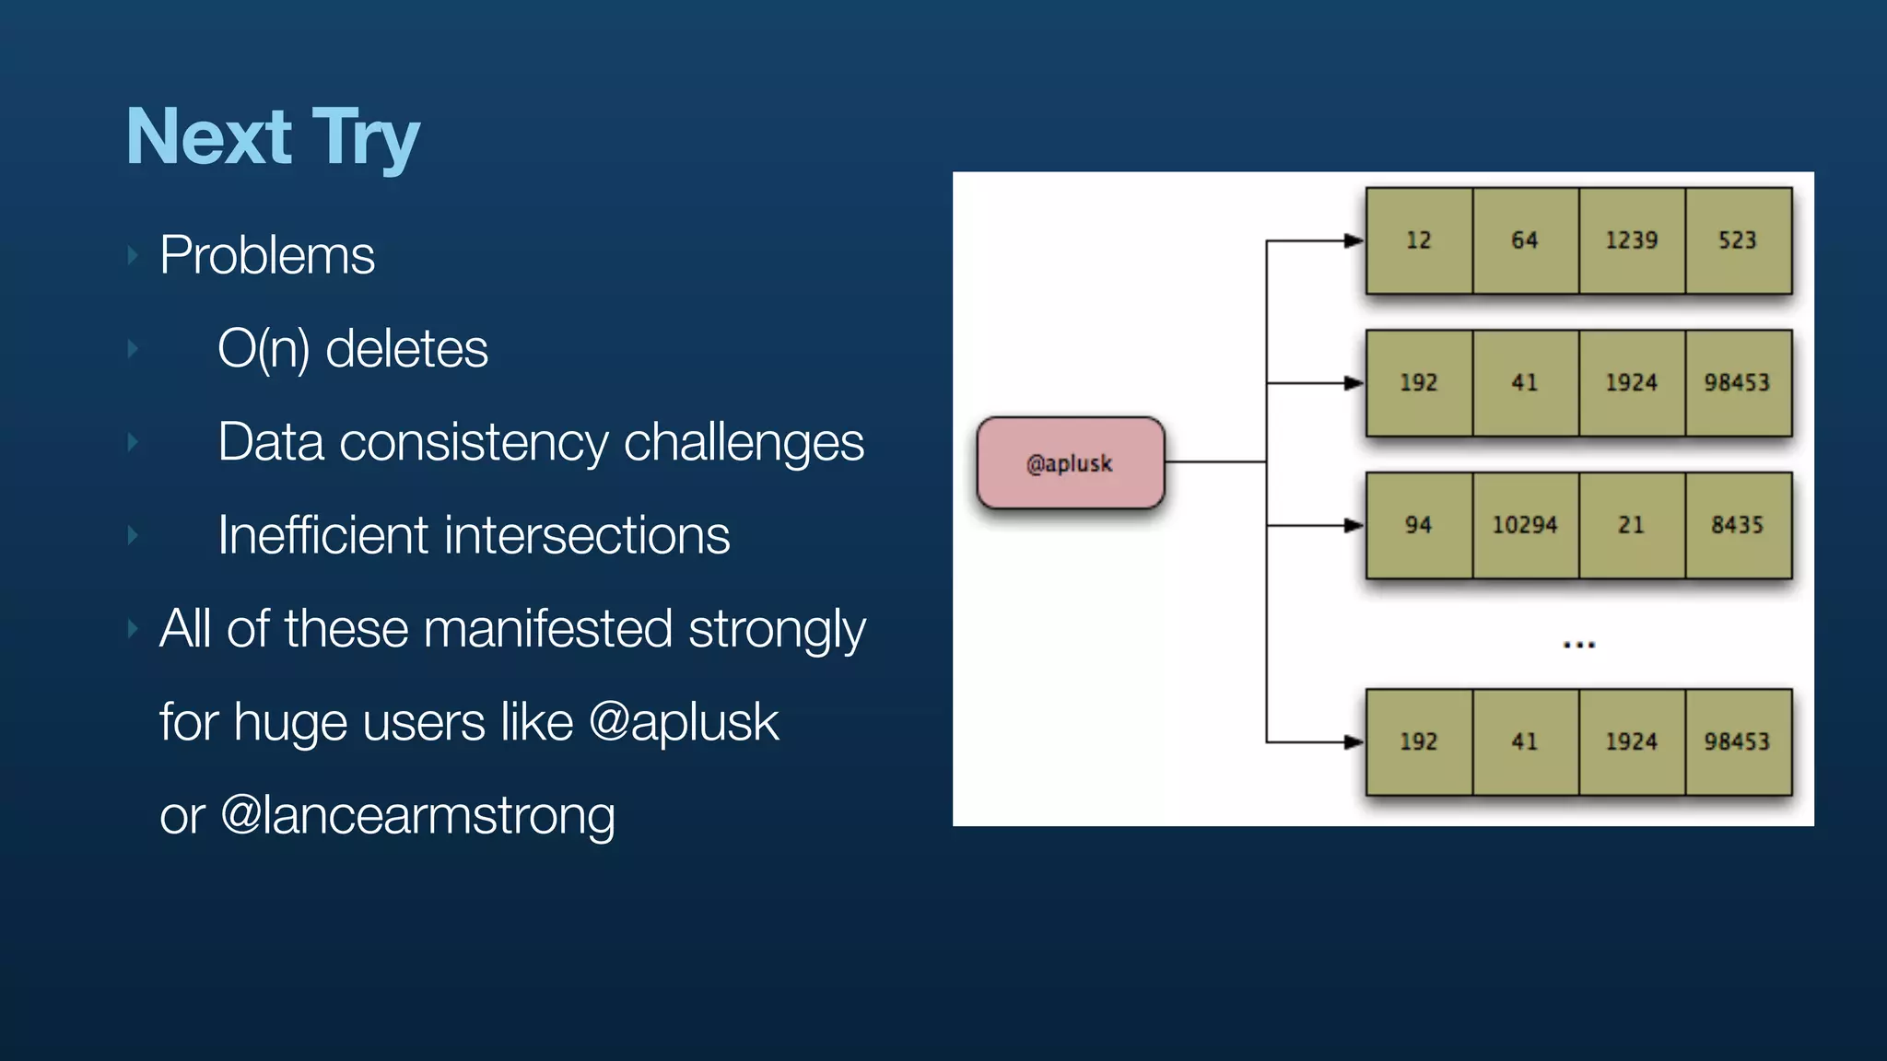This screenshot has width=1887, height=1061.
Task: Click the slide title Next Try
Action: (273, 138)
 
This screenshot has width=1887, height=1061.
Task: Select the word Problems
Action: (266, 255)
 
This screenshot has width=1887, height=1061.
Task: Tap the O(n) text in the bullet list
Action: (263, 349)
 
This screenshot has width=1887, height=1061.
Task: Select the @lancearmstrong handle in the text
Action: (417, 816)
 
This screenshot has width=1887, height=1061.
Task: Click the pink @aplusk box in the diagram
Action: (1070, 463)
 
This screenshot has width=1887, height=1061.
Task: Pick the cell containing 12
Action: (1418, 240)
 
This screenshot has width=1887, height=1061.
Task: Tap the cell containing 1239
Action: (1631, 240)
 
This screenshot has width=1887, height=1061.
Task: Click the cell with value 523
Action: (1738, 240)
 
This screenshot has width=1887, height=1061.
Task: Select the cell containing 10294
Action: (1525, 525)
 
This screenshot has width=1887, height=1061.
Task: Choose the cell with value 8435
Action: (1738, 525)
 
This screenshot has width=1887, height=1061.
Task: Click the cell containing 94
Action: (1418, 525)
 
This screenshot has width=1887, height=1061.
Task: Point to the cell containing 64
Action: (1525, 240)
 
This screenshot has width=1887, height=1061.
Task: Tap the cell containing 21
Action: (1631, 525)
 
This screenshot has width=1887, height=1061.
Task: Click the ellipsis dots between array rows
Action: (1578, 645)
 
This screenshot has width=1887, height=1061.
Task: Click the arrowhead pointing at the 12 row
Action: (1353, 241)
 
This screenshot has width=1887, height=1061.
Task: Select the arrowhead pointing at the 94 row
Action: (1353, 526)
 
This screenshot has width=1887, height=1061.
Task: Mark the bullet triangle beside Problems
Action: (133, 255)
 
